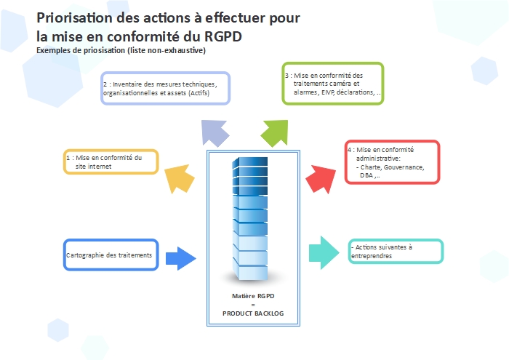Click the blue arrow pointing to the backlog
point(182,258)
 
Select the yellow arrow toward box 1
point(179,180)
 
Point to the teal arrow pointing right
point(324,251)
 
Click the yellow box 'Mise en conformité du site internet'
point(111,161)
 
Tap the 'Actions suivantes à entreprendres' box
point(396,251)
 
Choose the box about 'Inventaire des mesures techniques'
point(166,89)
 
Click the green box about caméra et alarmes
point(333,84)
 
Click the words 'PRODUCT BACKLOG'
point(253,313)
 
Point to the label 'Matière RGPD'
point(253,296)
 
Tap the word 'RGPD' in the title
point(220,35)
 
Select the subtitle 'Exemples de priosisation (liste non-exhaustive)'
point(121,50)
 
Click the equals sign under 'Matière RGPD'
point(253,305)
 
